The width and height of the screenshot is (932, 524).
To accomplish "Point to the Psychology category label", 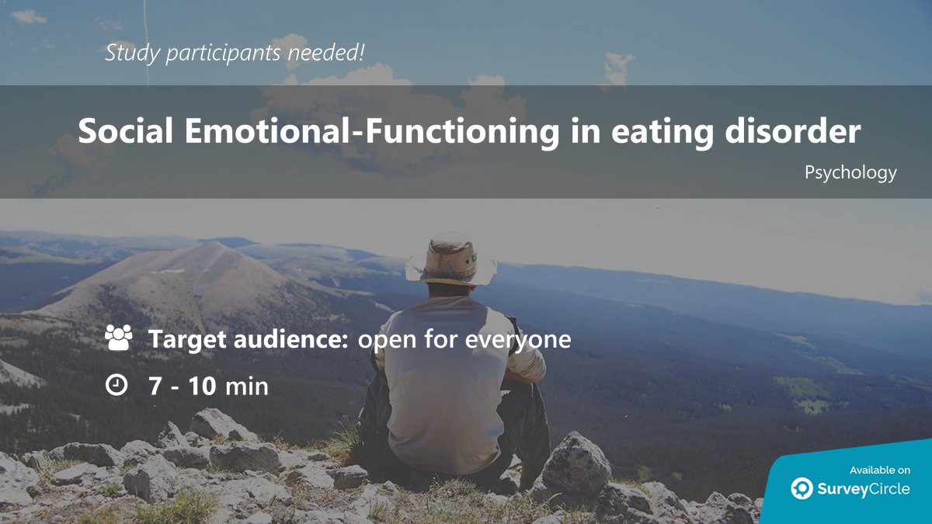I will coord(850,172).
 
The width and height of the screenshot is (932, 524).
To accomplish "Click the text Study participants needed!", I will coord(235,53).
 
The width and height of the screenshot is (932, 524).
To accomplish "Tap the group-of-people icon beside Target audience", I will coord(118,338).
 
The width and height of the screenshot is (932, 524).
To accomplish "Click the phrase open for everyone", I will coord(464,339).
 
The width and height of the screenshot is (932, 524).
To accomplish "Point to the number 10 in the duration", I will coord(202,385).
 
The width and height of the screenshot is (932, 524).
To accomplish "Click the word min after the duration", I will coord(246,385).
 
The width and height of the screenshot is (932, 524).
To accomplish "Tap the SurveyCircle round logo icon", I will coord(802,488).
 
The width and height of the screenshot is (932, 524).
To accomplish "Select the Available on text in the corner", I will coord(879,470).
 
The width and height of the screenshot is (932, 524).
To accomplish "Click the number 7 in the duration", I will coord(155,385).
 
